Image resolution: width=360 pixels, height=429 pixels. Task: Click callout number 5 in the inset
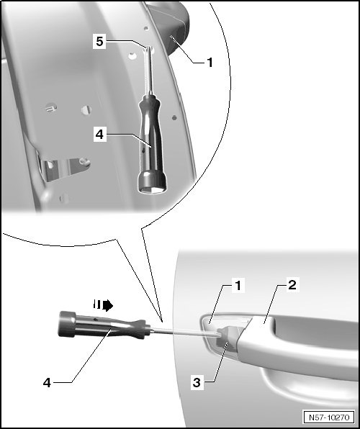pos(99,42)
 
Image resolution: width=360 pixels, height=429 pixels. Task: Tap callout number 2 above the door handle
pos(292,285)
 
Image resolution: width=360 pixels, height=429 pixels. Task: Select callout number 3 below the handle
pos(197,382)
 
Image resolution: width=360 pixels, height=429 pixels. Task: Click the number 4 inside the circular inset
pos(99,134)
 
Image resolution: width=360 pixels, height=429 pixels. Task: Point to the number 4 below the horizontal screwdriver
pos(47,382)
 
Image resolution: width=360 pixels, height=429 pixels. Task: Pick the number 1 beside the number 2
pos(238,286)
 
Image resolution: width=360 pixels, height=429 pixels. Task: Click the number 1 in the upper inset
pos(210,63)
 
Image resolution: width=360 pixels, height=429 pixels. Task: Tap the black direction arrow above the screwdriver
pos(103,304)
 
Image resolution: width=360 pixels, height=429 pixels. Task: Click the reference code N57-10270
pos(329,417)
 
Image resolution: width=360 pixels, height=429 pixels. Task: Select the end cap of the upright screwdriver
pos(152,183)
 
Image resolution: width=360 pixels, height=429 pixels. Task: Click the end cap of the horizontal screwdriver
pos(66,324)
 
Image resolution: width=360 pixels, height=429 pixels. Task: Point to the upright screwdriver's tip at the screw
pos(148,49)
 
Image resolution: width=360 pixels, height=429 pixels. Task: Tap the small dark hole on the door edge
pos(174,118)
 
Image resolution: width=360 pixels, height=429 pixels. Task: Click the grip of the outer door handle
pos(298,348)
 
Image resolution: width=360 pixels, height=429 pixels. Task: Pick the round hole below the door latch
pos(65,198)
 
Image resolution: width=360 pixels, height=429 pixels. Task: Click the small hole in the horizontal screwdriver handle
pos(95,320)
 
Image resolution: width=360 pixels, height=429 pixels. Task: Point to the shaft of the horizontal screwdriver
pos(186,332)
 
